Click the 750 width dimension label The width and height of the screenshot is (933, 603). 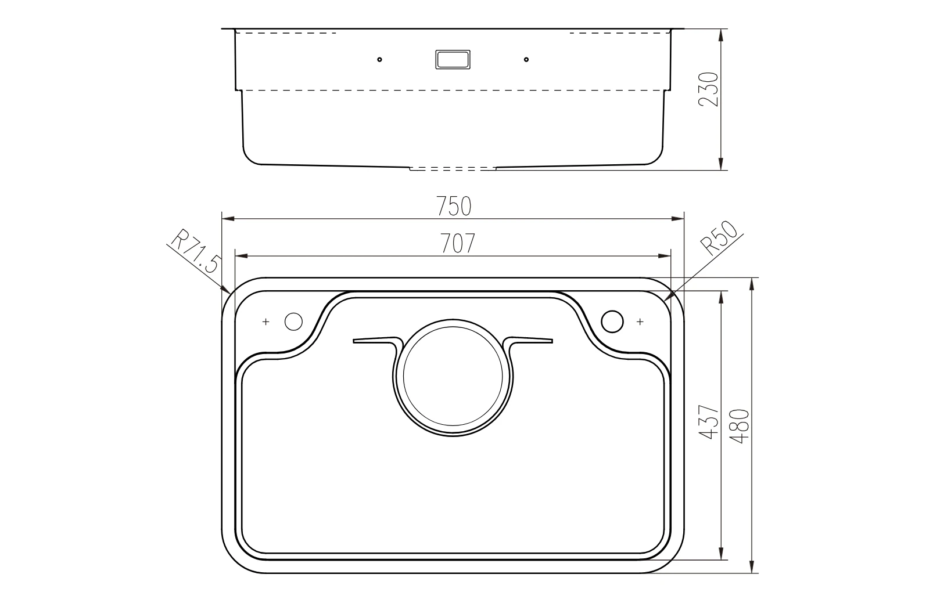(454, 206)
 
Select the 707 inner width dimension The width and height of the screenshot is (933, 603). (458, 243)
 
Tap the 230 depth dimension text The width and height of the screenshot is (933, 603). (709, 89)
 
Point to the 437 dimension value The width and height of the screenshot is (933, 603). (709, 421)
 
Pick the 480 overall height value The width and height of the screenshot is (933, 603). (740, 427)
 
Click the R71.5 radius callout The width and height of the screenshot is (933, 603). (195, 251)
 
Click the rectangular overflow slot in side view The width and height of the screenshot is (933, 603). (453, 60)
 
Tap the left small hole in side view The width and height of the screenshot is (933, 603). (379, 60)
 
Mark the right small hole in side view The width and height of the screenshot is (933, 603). (526, 60)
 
